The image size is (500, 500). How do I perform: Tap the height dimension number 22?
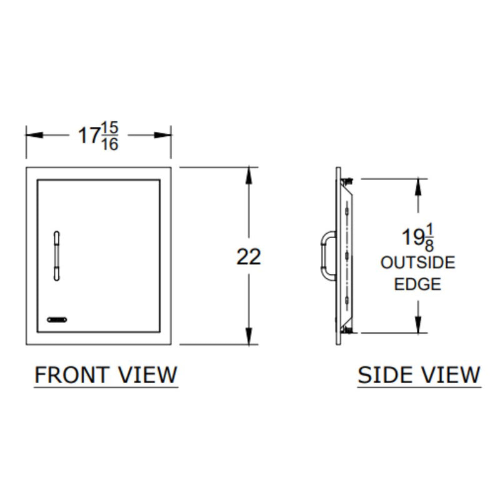pos(249,256)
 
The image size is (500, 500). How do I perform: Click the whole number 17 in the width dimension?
pos(89,136)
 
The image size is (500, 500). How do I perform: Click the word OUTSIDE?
pos(417,263)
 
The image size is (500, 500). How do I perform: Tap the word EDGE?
pos(417,284)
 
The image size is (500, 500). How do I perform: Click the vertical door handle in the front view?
pos(57,255)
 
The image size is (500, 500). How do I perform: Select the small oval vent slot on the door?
pos(57,319)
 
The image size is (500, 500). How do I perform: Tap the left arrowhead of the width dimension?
pos(31,135)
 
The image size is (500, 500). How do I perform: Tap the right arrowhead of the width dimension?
pos(166,135)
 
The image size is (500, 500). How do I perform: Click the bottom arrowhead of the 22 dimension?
pos(249,338)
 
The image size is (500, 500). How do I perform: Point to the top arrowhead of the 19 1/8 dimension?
pos(419,186)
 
